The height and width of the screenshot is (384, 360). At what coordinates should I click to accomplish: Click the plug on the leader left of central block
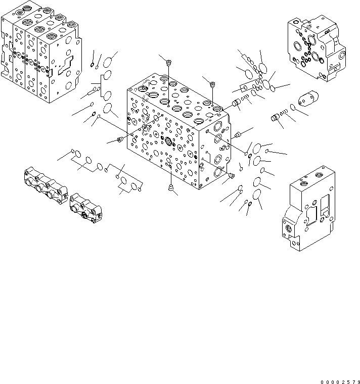120,140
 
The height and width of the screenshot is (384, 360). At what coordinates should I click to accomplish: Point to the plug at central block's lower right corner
232,175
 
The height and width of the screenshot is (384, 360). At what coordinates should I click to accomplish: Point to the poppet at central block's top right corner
236,104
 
